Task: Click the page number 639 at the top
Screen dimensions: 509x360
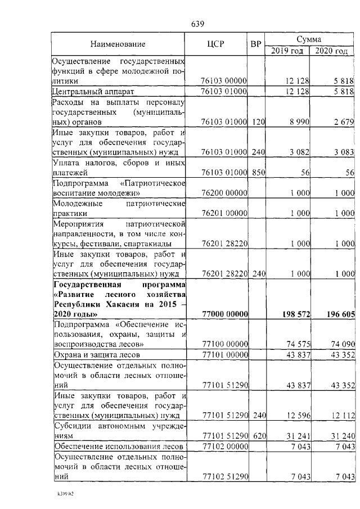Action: point(197,24)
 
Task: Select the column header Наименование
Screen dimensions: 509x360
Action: point(118,44)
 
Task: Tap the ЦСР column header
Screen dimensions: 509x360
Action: point(216,44)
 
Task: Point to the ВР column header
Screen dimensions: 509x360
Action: point(256,44)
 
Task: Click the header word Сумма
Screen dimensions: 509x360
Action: point(309,39)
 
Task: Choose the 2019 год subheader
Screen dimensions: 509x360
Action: point(287,51)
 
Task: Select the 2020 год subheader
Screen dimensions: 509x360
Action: point(332,51)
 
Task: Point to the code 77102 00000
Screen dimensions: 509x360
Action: point(224,447)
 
